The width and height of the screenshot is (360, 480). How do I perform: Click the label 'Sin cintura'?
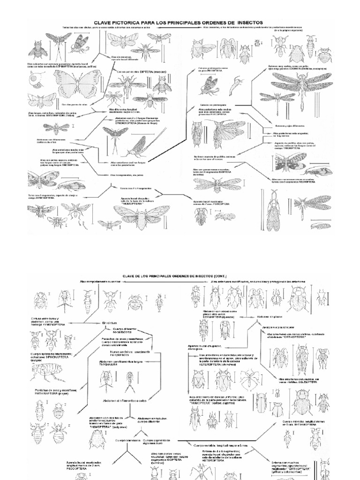[109, 323]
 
